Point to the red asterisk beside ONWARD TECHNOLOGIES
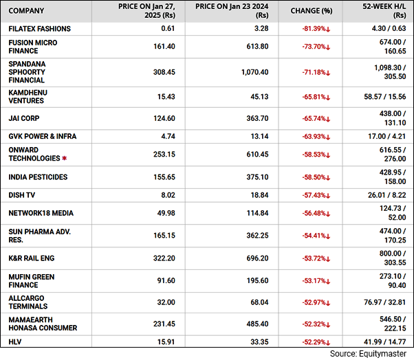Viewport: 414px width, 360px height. [65, 158]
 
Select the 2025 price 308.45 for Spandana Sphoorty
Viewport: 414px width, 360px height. [162, 71]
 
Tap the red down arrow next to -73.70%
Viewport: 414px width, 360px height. [329, 47]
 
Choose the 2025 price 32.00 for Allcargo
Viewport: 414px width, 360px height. [166, 301]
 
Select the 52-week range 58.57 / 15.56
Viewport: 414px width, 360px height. [383, 96]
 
